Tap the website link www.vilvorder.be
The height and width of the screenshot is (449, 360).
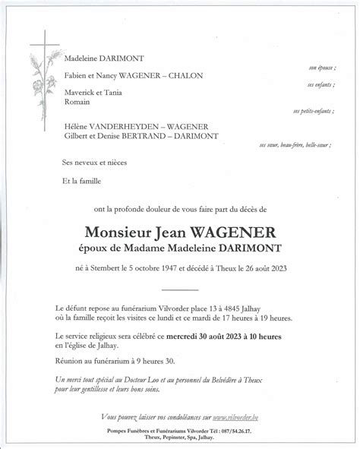point(238,417)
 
